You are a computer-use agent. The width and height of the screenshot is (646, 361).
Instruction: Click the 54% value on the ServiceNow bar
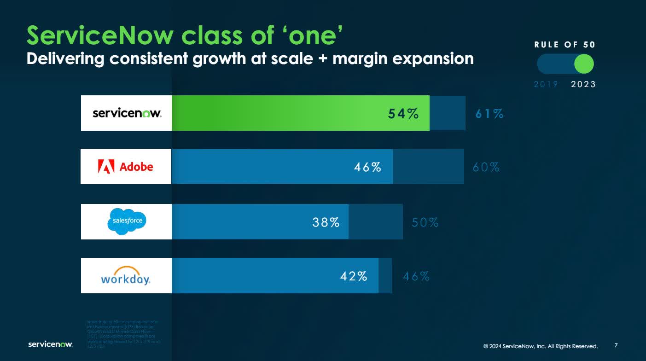click(403, 114)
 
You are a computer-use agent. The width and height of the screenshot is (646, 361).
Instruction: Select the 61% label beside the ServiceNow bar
click(489, 114)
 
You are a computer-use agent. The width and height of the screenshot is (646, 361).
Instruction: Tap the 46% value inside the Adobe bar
click(367, 167)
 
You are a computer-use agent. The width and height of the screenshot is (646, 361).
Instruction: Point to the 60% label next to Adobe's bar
click(486, 167)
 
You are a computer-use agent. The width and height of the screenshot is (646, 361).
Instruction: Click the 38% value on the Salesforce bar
click(326, 222)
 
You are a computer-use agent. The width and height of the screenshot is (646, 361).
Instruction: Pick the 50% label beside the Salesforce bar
click(425, 223)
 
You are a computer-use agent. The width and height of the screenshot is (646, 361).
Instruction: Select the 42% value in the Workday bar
click(354, 276)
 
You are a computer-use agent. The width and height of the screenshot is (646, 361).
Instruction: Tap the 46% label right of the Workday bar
click(416, 277)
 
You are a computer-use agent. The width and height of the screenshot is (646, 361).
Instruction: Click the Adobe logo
click(126, 167)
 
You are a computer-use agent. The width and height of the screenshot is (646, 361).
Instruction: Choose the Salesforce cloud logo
click(127, 221)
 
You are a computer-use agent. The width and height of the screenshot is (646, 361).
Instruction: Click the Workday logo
click(126, 276)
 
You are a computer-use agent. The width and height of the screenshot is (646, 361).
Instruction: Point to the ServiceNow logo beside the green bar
click(127, 113)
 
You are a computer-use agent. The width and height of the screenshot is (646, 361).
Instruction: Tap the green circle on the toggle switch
click(584, 64)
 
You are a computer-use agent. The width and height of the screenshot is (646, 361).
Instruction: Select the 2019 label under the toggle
click(546, 84)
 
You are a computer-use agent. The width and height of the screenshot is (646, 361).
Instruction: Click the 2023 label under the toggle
click(583, 84)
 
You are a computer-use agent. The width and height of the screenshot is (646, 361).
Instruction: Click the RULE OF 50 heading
click(565, 45)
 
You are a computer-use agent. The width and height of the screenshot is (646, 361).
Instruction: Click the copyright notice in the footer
click(540, 346)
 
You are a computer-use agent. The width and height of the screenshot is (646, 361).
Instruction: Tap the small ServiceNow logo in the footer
click(50, 344)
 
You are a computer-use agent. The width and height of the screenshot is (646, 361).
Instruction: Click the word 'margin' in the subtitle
click(361, 59)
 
